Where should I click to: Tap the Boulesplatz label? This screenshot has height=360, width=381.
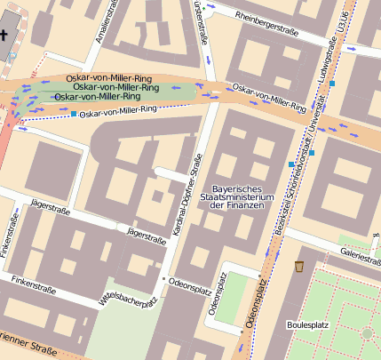[x=308, y=324]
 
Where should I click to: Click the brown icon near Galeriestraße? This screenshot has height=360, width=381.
[x=299, y=266]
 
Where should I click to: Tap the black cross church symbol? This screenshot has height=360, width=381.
[x=4, y=35]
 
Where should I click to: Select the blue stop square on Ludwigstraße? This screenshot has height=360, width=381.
[x=331, y=84]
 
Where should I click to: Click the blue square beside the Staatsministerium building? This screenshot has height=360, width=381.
[x=291, y=164]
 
